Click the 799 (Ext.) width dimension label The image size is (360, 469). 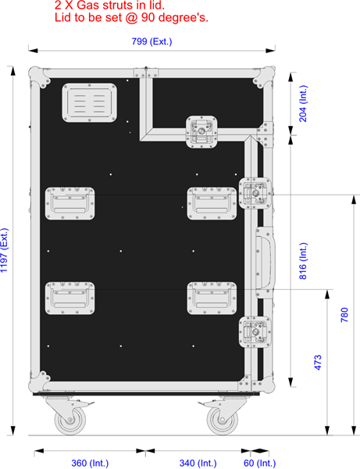coord(151,41)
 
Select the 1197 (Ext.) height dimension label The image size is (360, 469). coord(4,250)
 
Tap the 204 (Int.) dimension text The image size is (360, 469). coord(303,103)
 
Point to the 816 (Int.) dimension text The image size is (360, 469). coord(303,261)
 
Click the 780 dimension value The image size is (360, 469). coord(344,315)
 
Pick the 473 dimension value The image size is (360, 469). coord(318,362)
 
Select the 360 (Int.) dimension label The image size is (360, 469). coord(90,464)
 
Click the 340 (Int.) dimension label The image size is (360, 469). coord(198,464)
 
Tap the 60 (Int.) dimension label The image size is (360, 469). coord(259,464)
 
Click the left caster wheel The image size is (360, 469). coord(70,420)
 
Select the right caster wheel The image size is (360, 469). coord(222,420)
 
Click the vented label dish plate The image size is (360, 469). coord(89,102)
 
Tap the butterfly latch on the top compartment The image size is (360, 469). coord(201,132)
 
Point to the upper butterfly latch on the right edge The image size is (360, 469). coord(255,193)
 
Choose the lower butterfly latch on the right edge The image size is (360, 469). coord(255,332)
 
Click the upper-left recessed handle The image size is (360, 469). coord(70,203)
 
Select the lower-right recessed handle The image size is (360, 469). coord(212,298)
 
